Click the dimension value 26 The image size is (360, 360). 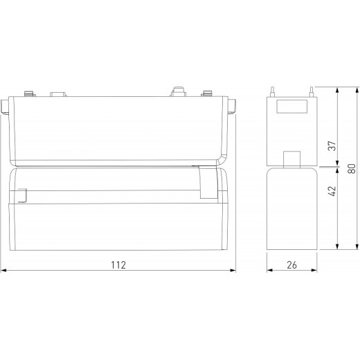click(x=292, y=264)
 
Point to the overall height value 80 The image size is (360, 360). click(x=352, y=168)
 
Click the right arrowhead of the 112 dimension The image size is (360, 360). click(x=233, y=271)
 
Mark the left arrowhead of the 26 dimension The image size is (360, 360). click(x=270, y=271)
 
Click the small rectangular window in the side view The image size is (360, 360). click(x=291, y=107)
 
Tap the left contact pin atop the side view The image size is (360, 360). click(x=273, y=91)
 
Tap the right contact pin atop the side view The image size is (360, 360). click(x=311, y=91)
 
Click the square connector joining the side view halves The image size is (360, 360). click(x=291, y=159)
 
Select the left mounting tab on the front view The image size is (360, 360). click(x=6, y=107)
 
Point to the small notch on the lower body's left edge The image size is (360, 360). click(x=20, y=197)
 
